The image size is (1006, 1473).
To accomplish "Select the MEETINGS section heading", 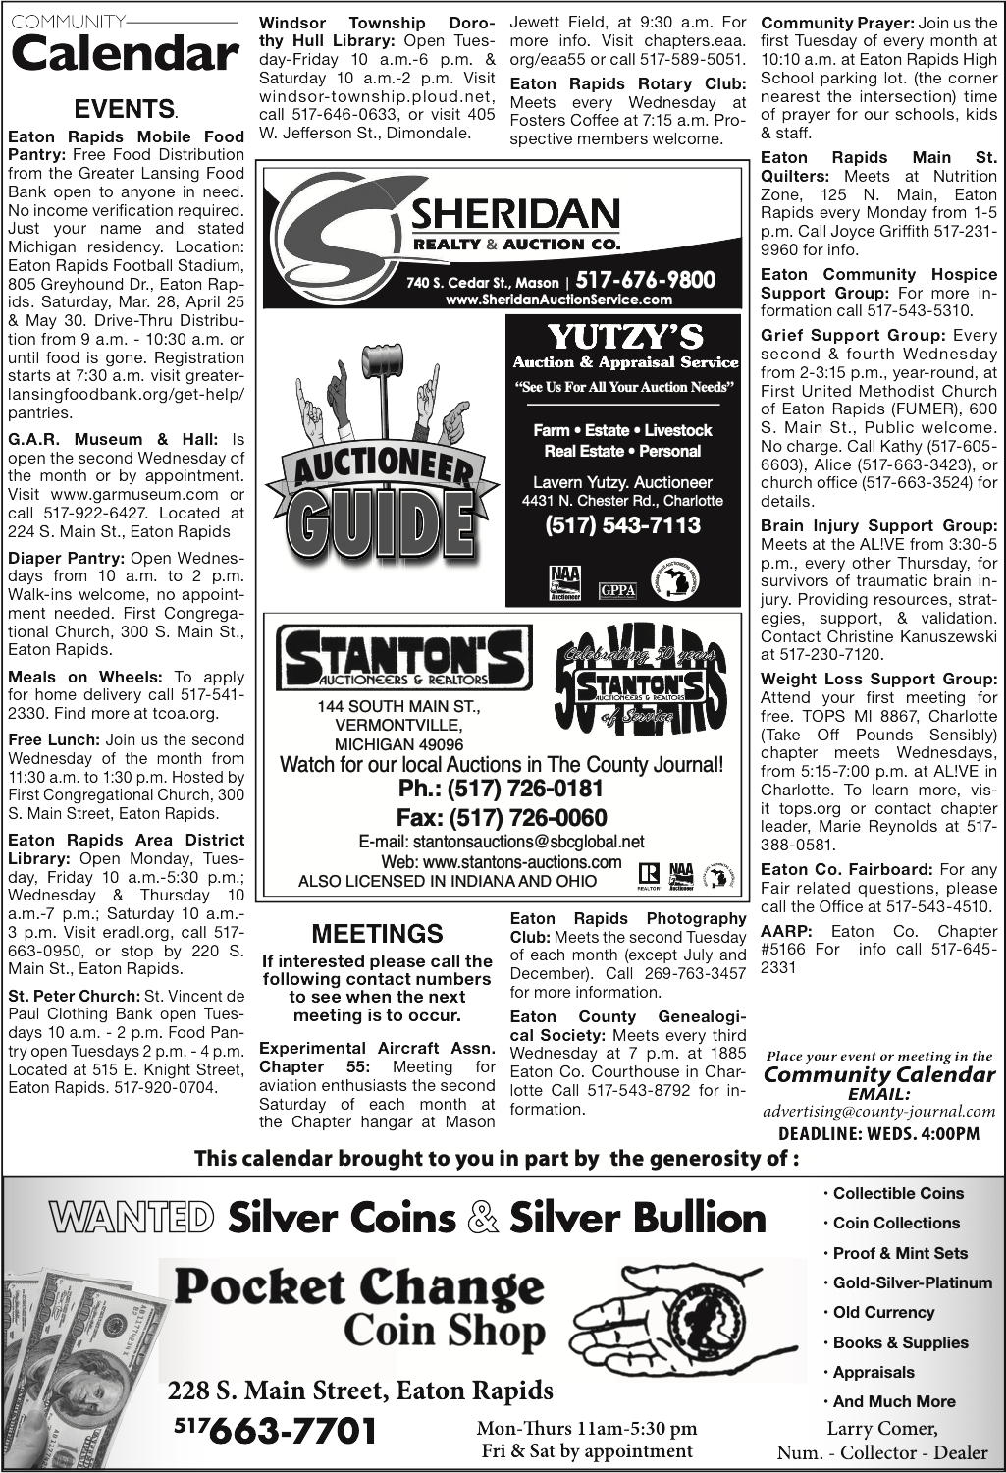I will (x=377, y=934).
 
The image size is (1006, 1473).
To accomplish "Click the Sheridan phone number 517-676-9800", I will (x=646, y=280).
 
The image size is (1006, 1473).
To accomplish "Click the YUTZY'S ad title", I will (x=625, y=337).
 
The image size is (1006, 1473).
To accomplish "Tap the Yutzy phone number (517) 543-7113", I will (x=623, y=525).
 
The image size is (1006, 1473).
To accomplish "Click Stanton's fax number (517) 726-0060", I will (x=502, y=818).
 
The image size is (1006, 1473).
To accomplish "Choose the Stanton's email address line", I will (x=502, y=842).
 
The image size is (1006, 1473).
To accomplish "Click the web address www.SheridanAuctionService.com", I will (x=558, y=300).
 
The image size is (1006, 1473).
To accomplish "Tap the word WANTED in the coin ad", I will (x=132, y=1219).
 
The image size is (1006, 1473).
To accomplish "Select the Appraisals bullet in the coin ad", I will (x=874, y=1372).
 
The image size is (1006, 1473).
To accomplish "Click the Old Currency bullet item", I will (x=883, y=1312).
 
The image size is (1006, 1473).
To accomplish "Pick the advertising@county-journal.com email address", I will (x=878, y=1112).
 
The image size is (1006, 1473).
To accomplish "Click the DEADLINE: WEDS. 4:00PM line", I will (x=878, y=1134).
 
